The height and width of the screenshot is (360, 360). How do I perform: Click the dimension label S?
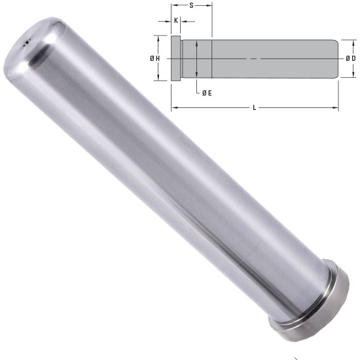click(191, 5)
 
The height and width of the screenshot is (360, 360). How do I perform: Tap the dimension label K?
click(176, 21)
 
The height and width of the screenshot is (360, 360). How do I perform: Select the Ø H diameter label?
click(155, 59)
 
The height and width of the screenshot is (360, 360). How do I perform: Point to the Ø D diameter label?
click(351, 59)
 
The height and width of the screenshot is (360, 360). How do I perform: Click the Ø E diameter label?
click(206, 93)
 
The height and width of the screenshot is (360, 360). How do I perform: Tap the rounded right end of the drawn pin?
click(334, 59)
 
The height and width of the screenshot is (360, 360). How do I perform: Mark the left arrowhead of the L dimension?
click(173, 107)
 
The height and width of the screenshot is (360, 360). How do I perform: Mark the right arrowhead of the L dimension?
click(336, 107)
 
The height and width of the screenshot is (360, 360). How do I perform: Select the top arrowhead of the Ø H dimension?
click(159, 38)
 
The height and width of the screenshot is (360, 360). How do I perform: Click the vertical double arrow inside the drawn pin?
click(197, 59)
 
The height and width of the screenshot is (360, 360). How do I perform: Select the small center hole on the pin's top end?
click(27, 43)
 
